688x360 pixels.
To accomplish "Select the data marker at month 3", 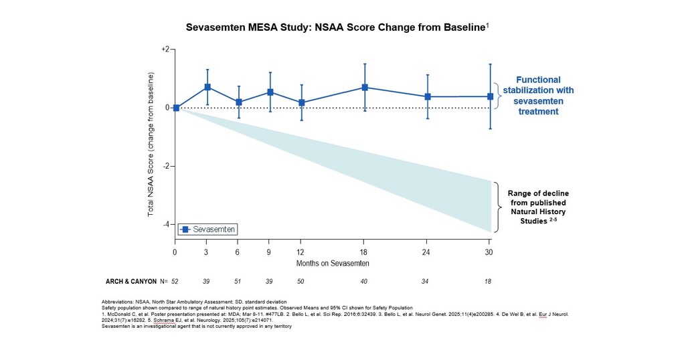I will pyautogui.click(x=207, y=87).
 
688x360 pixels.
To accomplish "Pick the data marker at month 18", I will pyautogui.click(x=365, y=88).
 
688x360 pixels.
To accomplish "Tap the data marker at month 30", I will pyautogui.click(x=490, y=96).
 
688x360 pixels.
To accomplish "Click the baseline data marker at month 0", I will pyautogui.click(x=176, y=108).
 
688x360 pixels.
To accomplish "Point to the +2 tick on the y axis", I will pyautogui.click(x=165, y=50).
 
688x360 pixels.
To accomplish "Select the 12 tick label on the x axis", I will pyautogui.click(x=302, y=252).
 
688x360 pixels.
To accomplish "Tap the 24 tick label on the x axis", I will pyautogui.click(x=427, y=252).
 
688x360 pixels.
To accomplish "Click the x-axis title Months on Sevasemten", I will pyautogui.click(x=333, y=263).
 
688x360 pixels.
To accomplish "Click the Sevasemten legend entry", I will pyautogui.click(x=208, y=230).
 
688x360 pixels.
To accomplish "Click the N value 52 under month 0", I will pyautogui.click(x=176, y=282).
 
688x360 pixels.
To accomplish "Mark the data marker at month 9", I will pyautogui.click(x=270, y=92).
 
